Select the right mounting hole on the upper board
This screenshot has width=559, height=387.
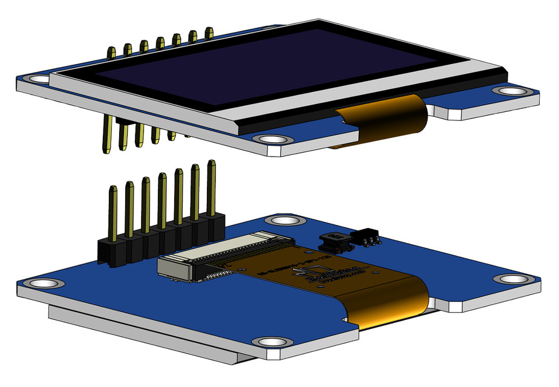pos(511,91)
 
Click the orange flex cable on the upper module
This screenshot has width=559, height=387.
pos(387,118)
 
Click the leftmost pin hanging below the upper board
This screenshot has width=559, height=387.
pos(107,136)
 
